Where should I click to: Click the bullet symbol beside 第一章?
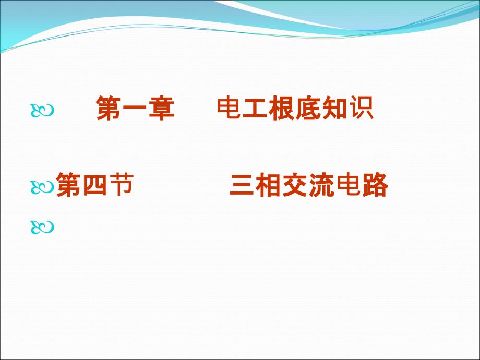pyautogui.click(x=42, y=111)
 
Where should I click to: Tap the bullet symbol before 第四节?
pyautogui.click(x=42, y=187)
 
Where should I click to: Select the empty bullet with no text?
pyautogui.click(x=42, y=227)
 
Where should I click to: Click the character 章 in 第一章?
pyautogui.click(x=162, y=108)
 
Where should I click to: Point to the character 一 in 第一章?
pyautogui.click(x=135, y=109)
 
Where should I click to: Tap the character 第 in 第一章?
pyautogui.click(x=109, y=108)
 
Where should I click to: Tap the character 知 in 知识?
pyautogui.click(x=334, y=108)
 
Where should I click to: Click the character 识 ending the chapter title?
pyautogui.click(x=361, y=108)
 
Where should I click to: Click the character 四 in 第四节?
pyautogui.click(x=95, y=185)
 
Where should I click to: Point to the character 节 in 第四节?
pyautogui.click(x=121, y=184)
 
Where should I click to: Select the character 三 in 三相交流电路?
pyautogui.click(x=242, y=185)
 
